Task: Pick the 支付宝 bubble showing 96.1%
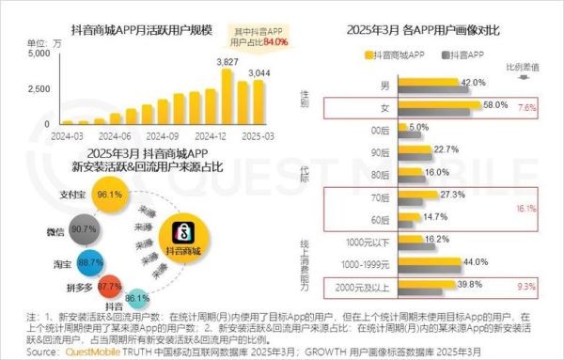click(111, 195)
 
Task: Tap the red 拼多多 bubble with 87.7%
click(110, 285)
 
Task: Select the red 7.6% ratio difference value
click(527, 108)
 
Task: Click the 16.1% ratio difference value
click(526, 209)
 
